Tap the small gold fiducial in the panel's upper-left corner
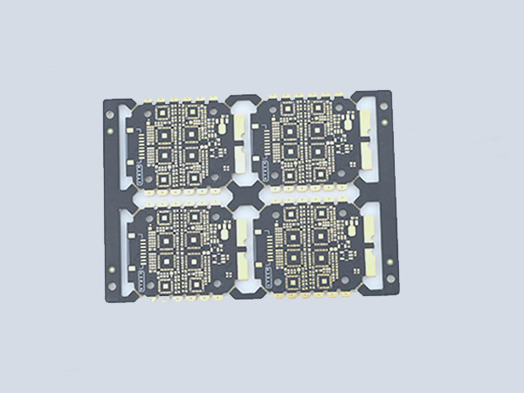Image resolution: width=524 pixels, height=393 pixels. tap(114, 127)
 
